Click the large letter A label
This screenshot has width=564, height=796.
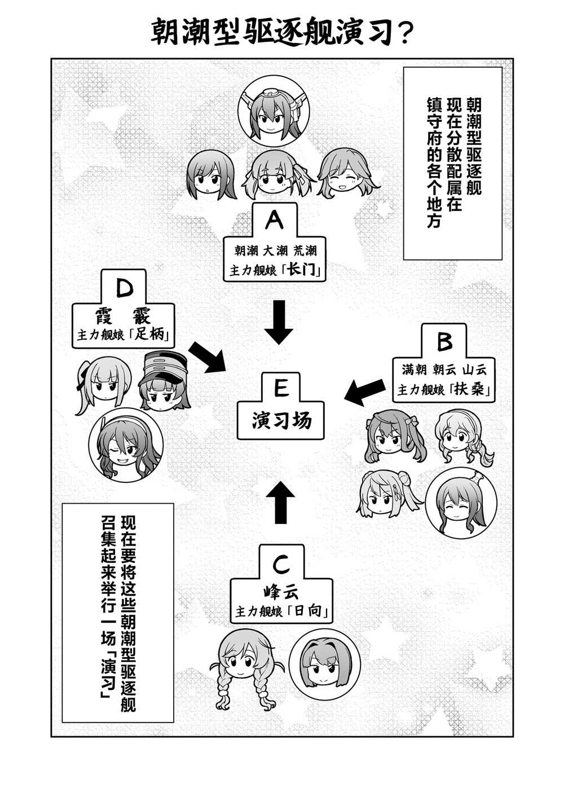coord(274,221)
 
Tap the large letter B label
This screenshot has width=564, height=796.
coord(444,341)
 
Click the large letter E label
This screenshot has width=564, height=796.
coord(281,388)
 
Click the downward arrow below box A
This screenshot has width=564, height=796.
coord(279,322)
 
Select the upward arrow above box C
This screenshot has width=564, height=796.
coord(280,503)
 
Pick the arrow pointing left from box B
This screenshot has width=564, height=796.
coord(365,392)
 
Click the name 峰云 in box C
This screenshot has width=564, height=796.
coord(281,592)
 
